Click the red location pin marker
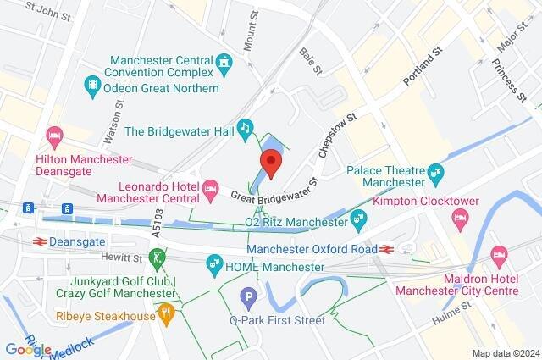tap(271, 163)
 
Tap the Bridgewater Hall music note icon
tap(245, 128)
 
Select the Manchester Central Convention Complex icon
tap(224, 62)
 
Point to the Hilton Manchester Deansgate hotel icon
tap(55, 136)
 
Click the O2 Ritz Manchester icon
tap(359, 220)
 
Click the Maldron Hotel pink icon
tap(499, 254)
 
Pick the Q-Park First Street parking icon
tap(248, 297)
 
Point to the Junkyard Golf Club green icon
tap(155, 257)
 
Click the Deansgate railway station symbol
tap(39, 240)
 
